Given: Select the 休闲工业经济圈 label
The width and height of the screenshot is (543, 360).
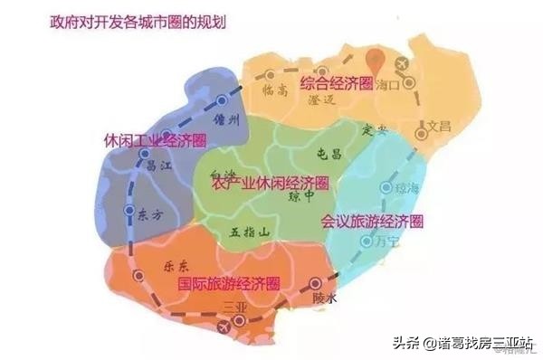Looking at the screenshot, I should coord(157,141).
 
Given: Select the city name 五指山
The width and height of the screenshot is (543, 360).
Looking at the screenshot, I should coord(252,232).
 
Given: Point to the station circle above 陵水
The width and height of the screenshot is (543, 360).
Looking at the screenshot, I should coord(316,283).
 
